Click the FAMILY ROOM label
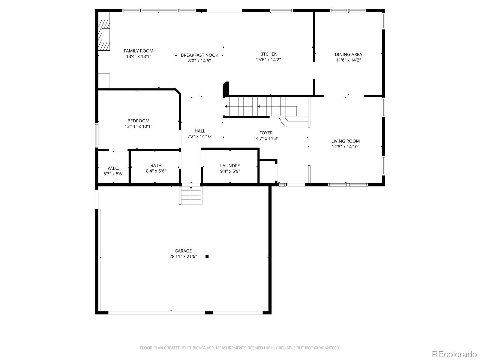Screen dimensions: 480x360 point(138,51)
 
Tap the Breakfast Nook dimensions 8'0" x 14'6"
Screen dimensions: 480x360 point(199,61)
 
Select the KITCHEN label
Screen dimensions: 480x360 point(268,54)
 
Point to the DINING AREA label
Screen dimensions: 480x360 point(348,54)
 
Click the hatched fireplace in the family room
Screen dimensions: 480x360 point(104,35)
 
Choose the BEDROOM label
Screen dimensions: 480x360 point(138,121)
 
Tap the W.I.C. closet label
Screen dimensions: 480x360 point(113,168)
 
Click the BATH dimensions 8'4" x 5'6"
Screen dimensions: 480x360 point(156,171)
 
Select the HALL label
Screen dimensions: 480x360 point(200,131)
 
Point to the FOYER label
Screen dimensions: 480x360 point(266,133)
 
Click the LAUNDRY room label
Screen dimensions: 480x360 point(230,166)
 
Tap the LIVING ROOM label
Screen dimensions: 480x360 point(345,141)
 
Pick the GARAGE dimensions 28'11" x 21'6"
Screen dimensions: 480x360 point(183,256)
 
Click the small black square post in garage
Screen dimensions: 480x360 point(207,256)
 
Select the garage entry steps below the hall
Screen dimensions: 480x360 point(191,195)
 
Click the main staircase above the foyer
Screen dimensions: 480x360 point(266,106)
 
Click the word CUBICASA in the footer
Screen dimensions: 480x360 point(196,348)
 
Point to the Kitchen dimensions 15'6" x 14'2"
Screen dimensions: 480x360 point(268,60)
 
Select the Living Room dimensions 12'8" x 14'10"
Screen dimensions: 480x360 point(346,147)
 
